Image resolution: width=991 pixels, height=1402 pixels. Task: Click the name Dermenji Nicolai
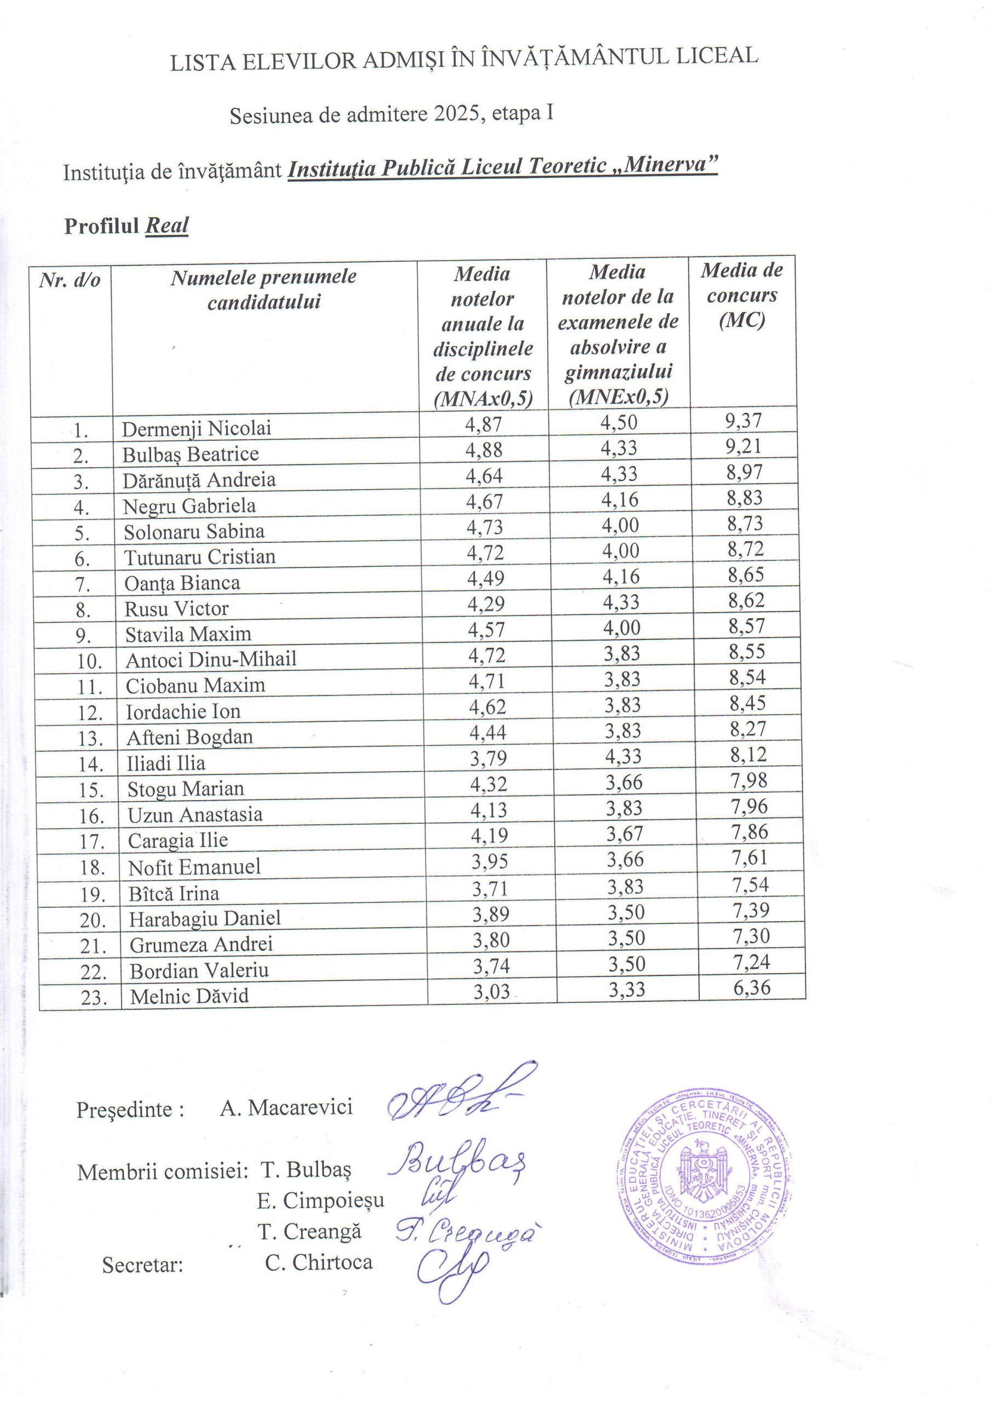click(196, 429)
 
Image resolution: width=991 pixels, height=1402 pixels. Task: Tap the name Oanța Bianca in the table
click(182, 583)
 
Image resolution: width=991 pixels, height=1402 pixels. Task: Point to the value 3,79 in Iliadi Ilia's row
click(488, 758)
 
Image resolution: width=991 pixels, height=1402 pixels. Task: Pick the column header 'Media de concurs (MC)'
click(741, 295)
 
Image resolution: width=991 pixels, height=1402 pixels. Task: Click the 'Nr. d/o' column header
click(70, 281)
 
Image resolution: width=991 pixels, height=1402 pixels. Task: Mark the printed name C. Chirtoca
click(318, 1262)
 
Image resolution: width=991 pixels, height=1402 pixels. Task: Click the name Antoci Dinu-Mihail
click(211, 659)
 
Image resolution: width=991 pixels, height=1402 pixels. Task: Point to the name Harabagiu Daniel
click(205, 918)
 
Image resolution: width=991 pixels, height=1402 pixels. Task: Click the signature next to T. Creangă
click(468, 1233)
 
